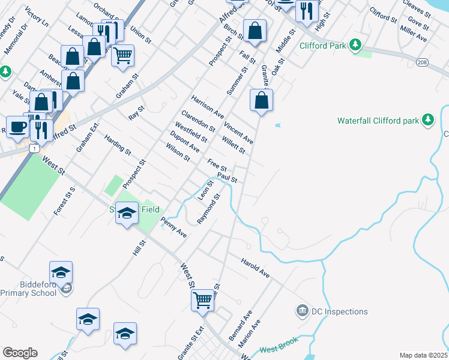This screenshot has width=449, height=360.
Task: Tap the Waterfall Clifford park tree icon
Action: click(x=428, y=121)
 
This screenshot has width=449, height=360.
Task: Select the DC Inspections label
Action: click(x=339, y=311)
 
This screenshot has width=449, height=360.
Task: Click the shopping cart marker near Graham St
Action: click(x=123, y=56)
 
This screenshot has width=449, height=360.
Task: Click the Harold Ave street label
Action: click(x=255, y=268)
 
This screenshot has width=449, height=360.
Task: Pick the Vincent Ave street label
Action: click(x=238, y=133)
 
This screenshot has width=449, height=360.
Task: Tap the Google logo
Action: click(x=20, y=353)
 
